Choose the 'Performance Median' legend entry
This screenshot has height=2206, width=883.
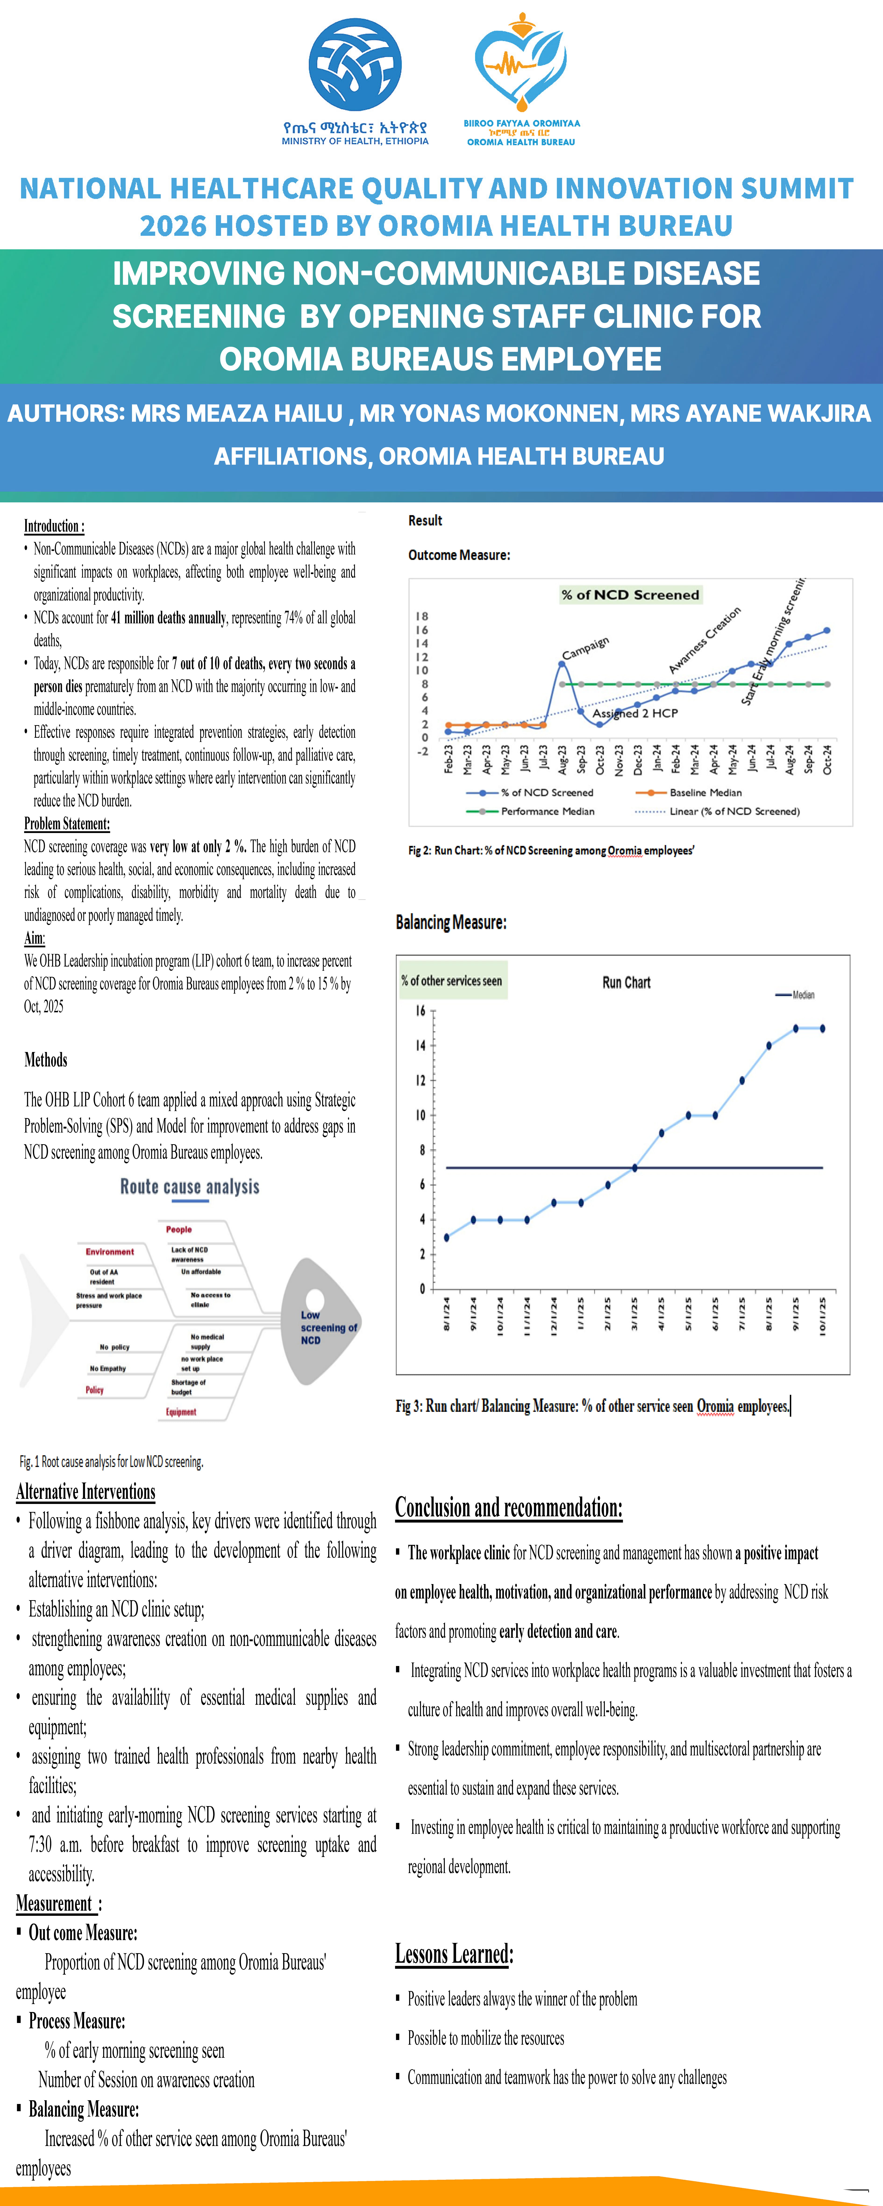(547, 811)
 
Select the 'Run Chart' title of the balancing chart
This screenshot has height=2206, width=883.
(626, 982)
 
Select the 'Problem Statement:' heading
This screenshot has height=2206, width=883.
(67, 824)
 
